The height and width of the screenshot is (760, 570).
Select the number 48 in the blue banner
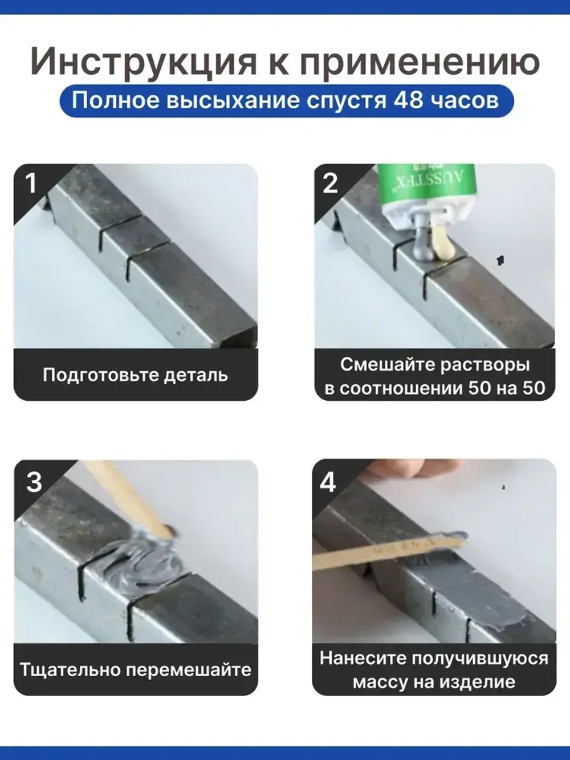(408, 100)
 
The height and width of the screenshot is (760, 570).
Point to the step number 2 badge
(330, 184)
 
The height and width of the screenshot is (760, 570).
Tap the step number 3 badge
(34, 482)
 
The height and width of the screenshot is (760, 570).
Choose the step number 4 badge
(328, 482)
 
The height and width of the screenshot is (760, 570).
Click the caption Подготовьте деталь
(135, 375)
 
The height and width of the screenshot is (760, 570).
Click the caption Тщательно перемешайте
(135, 669)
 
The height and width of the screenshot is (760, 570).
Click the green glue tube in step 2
(427, 188)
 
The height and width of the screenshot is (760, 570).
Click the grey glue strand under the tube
(424, 239)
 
